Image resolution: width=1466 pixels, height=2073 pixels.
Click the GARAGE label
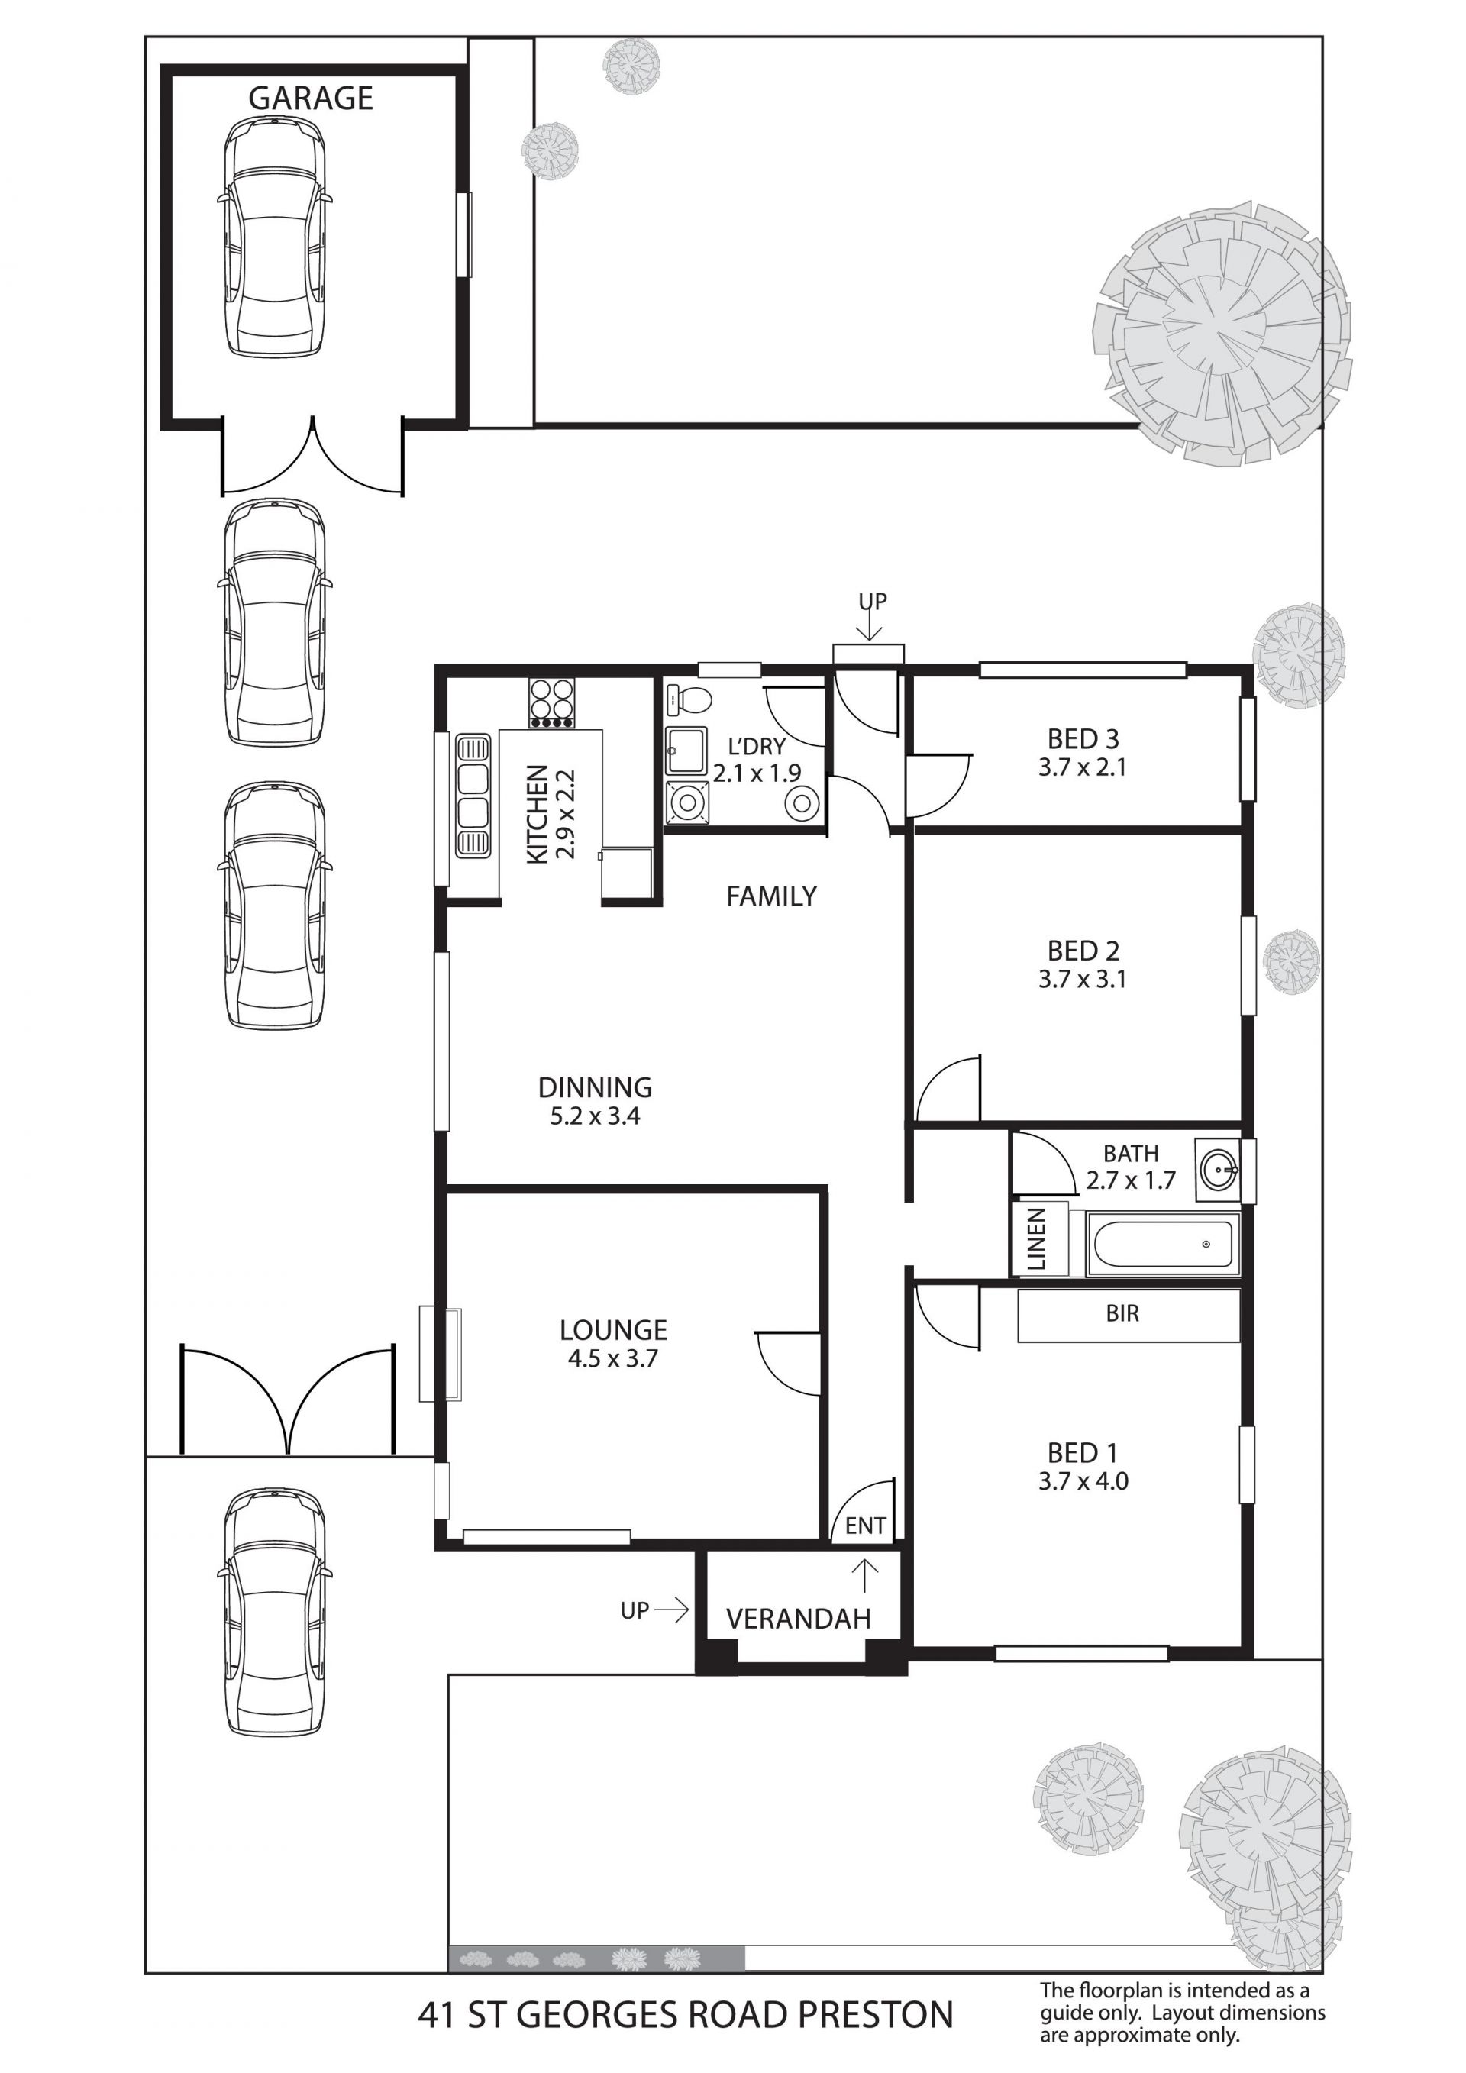tap(311, 98)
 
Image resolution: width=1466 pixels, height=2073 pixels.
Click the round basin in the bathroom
tap(1219, 1171)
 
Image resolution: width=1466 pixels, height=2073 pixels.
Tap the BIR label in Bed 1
tap(1122, 1313)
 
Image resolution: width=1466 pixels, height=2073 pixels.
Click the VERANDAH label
tap(798, 1619)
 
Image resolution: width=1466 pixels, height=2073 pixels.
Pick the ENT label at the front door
tap(865, 1525)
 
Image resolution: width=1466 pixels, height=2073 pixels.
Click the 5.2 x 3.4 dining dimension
tap(595, 1117)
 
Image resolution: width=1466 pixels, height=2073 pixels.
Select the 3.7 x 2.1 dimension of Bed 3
tap(1083, 767)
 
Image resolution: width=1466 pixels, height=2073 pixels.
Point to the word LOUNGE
tap(613, 1330)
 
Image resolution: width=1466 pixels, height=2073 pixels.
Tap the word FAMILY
tap(772, 896)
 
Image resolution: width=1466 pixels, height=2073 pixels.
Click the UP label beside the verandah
tap(635, 1610)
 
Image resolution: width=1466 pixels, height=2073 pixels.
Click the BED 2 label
tap(1083, 951)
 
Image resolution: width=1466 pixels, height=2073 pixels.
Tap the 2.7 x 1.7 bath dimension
tap(1131, 1180)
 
